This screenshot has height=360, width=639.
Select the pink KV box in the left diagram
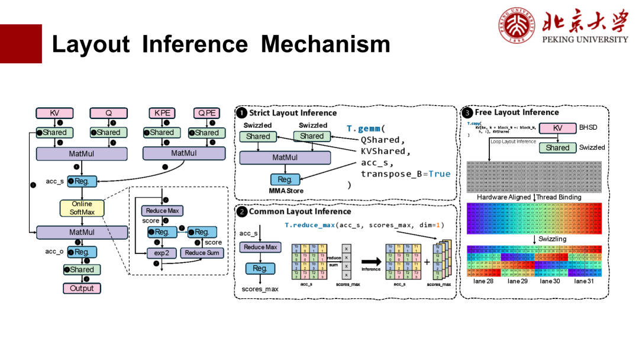[x=54, y=113]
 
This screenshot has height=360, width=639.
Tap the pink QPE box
[x=207, y=113]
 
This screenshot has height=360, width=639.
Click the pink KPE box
[x=162, y=113]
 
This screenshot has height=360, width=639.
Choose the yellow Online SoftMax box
[x=82, y=208]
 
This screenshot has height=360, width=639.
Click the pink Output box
[x=82, y=288]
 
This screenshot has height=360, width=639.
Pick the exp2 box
[x=162, y=253]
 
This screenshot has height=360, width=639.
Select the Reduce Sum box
[x=202, y=253]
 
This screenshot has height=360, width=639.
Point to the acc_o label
[x=54, y=252]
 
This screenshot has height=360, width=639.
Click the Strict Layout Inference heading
[x=292, y=113]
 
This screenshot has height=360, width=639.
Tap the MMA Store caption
[x=286, y=191]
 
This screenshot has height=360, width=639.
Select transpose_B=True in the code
[x=405, y=173]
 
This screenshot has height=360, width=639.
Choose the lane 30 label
[x=550, y=281]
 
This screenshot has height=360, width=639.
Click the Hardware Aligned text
[x=504, y=197]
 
